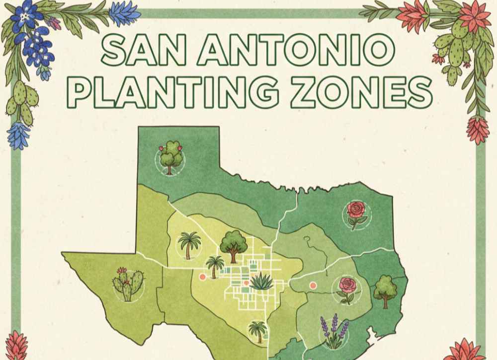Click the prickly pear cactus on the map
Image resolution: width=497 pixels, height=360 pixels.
pos(128,285)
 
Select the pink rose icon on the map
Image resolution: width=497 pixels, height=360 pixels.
pos(347,289)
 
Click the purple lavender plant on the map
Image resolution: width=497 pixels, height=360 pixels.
pos(333,331)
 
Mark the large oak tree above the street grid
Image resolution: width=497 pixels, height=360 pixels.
pos(233,244)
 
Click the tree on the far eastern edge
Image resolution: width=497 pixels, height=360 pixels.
pos(385,290)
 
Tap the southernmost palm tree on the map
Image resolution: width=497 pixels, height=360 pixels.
pos(257,331)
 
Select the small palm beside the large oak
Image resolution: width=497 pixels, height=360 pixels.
pos(215,266)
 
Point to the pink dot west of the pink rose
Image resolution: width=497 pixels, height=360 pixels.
pos(313,286)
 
